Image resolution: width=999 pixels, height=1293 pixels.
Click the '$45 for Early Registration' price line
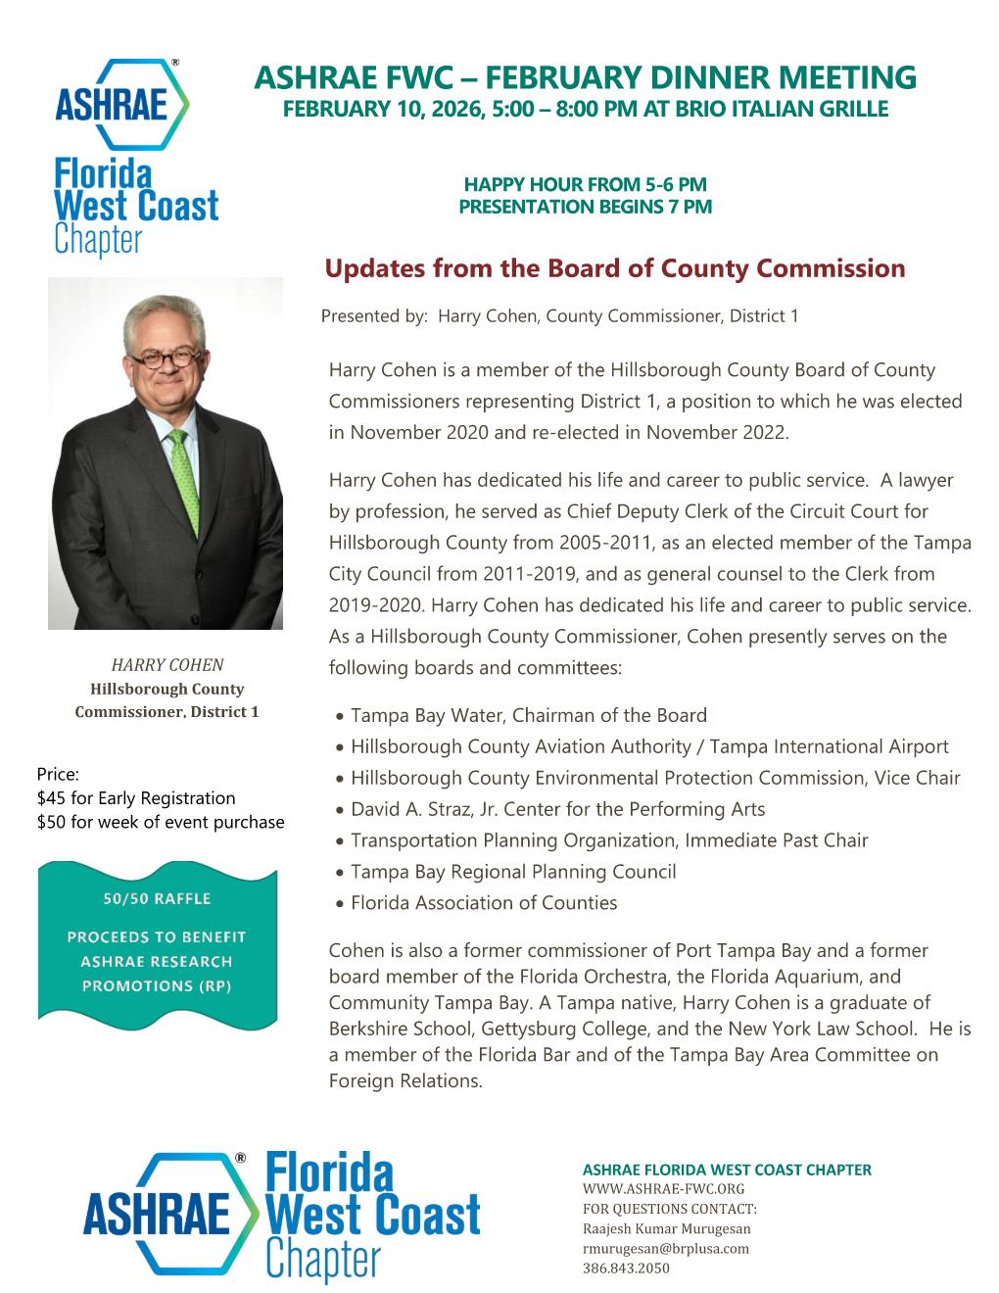click(x=136, y=797)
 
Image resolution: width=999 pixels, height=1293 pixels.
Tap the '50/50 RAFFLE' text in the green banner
click(x=157, y=898)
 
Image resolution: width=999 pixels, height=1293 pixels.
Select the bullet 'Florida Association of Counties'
click(x=484, y=903)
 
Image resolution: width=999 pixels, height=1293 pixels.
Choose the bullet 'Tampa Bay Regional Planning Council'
click(x=512, y=872)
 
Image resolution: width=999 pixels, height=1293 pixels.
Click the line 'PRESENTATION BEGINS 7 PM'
click(x=585, y=207)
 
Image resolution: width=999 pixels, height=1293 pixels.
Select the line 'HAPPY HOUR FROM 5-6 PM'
click(x=585, y=184)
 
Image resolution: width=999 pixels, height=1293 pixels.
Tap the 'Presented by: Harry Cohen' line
click(x=559, y=316)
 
